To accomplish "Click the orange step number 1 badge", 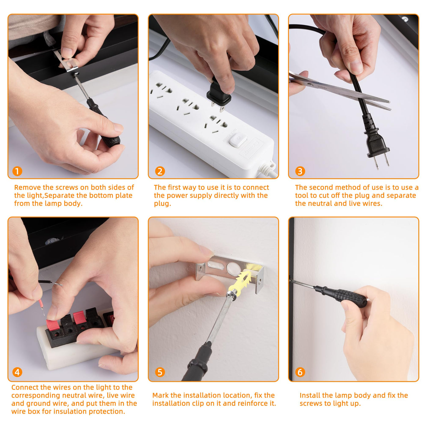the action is [x=17, y=171].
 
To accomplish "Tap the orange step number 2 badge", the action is [x=160, y=171].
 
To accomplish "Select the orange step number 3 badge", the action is [x=300, y=171].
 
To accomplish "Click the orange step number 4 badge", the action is [x=17, y=372].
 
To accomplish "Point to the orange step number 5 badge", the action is [x=160, y=372].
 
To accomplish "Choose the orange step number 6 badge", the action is [x=300, y=372].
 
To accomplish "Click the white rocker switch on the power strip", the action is [x=238, y=140].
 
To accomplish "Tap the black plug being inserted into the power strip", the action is [x=219, y=94].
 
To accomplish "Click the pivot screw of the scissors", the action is [x=311, y=85].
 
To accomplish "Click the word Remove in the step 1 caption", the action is [x=28, y=187].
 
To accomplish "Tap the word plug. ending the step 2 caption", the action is [x=162, y=204].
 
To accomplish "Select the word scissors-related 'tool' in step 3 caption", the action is [x=302, y=195].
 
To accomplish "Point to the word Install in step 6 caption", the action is [x=310, y=395].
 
